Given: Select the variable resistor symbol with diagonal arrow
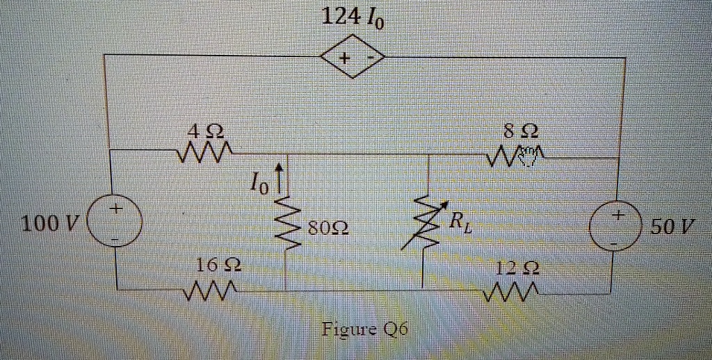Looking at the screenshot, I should point(426,222).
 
